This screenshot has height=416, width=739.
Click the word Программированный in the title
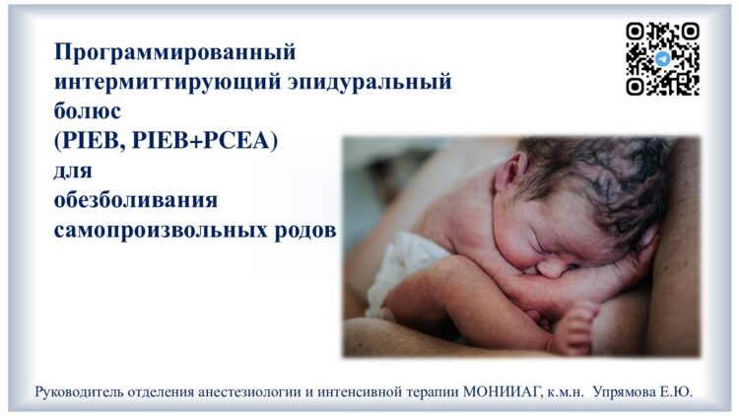[174, 52]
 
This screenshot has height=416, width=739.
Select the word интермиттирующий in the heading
[167, 82]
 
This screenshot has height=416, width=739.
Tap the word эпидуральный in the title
[369, 82]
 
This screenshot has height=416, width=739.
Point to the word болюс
[87, 110]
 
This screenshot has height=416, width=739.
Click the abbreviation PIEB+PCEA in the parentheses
[205, 140]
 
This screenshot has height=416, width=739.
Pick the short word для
[73, 171]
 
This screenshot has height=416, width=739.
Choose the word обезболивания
[136, 199]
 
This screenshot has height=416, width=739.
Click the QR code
[662, 59]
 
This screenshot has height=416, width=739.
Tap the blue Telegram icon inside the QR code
[663, 59]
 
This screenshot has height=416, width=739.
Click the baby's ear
[511, 171]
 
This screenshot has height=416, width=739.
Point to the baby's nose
[551, 268]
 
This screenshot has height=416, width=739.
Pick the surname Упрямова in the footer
[624, 392]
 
